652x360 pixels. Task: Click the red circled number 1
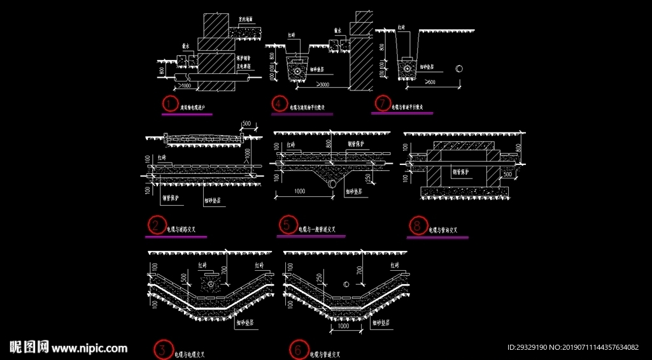coord(169,103)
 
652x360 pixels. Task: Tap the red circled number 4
coord(279,103)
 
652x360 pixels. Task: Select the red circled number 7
coord(382,103)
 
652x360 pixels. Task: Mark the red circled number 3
coord(162,350)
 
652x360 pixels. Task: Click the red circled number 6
coord(297,350)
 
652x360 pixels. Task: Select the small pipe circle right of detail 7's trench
coord(459,68)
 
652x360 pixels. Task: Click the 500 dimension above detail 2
coord(246,124)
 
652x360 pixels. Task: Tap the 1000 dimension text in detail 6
coord(344,326)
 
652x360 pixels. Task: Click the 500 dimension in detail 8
coord(507,173)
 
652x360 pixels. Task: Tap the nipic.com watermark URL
coord(90,348)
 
